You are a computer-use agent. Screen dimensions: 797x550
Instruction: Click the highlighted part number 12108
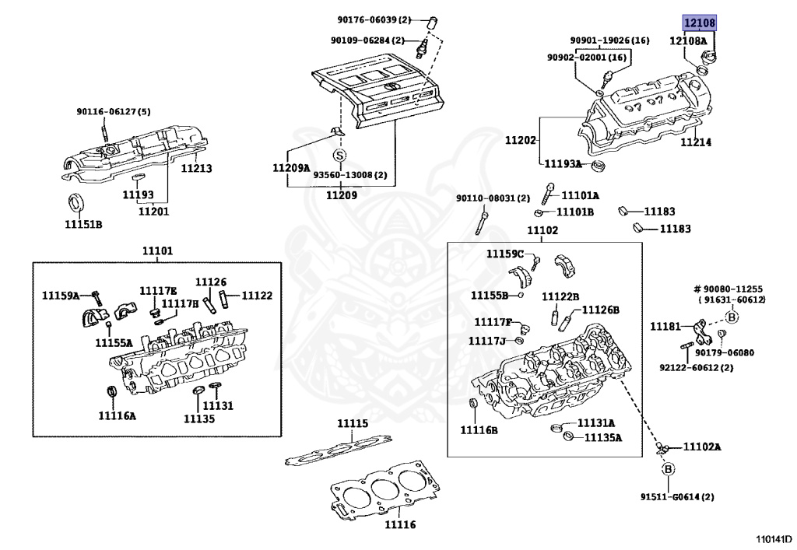click(700, 23)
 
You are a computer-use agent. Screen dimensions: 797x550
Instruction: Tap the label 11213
click(197, 168)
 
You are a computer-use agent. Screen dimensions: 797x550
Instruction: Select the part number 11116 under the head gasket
click(400, 524)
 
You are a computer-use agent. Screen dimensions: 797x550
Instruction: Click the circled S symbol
click(339, 155)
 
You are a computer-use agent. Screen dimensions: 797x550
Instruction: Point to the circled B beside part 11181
click(732, 317)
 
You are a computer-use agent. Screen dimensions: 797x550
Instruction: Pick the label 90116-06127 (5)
click(114, 111)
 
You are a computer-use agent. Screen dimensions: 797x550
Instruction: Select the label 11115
click(353, 423)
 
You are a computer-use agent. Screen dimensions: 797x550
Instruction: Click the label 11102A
click(702, 447)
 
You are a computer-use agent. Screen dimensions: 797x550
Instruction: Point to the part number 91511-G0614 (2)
click(677, 496)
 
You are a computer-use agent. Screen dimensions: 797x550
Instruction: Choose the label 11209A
click(291, 168)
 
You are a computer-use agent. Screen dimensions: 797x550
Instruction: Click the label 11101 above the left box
click(157, 250)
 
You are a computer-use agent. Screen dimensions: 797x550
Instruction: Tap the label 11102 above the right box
click(542, 230)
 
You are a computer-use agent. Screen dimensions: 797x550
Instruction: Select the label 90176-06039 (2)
click(374, 19)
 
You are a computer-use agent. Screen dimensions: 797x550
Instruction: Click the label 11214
click(696, 142)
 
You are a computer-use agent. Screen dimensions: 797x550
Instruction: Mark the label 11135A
click(603, 437)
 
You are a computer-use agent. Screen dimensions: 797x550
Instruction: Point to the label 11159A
click(61, 295)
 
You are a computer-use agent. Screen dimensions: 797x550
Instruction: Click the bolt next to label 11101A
click(549, 194)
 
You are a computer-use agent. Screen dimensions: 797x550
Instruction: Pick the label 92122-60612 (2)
click(697, 367)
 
